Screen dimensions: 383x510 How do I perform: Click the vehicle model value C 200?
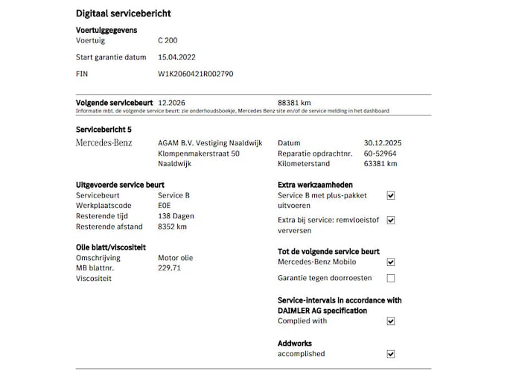(168, 40)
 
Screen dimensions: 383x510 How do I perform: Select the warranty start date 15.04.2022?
(179, 57)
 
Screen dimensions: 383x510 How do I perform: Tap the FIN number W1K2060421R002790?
(196, 74)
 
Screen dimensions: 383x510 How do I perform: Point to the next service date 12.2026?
(172, 103)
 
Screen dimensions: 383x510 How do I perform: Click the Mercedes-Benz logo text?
(103, 142)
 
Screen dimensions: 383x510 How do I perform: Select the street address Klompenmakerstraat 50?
(199, 153)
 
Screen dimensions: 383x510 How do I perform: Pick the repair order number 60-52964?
(380, 153)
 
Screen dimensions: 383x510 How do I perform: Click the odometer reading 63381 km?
(380, 163)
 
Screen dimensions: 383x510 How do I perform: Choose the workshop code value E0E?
(165, 206)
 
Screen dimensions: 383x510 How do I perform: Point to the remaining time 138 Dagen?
(176, 216)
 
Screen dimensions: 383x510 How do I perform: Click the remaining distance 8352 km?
(173, 227)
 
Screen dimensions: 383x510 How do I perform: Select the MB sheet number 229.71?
(170, 268)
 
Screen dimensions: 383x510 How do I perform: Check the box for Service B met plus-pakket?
(391, 195)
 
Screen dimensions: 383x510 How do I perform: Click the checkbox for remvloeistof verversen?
(391, 221)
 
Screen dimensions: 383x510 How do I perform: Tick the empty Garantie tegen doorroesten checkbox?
(391, 278)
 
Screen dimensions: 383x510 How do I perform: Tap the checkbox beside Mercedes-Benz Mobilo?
(391, 262)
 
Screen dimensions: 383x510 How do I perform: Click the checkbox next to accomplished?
(391, 354)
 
